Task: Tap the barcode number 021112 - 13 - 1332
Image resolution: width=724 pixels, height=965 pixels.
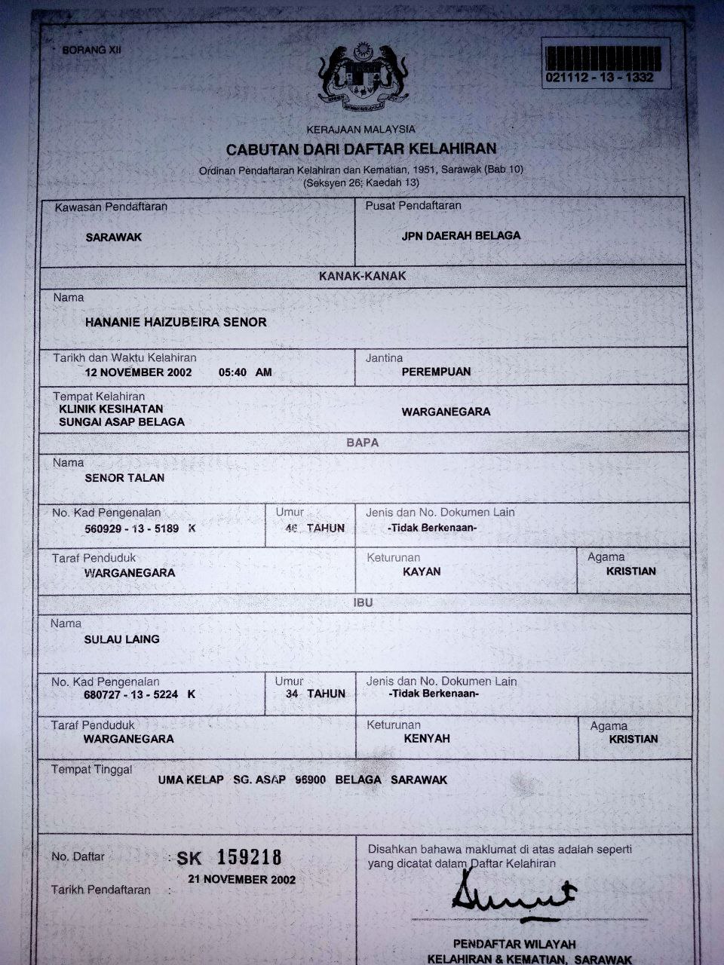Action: (x=599, y=78)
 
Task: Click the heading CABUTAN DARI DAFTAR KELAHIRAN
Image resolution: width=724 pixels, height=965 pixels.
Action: (x=361, y=149)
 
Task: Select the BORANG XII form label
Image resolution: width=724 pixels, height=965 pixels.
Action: (x=91, y=51)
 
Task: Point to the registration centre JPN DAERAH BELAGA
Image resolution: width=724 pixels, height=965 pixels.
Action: (x=461, y=235)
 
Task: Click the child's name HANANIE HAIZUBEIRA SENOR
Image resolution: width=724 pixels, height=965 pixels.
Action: (x=176, y=322)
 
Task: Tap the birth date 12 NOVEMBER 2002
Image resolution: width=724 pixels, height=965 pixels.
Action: (x=138, y=372)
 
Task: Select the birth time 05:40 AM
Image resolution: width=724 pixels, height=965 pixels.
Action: (x=244, y=372)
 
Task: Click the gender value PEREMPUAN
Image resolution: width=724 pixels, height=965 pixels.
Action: (x=436, y=372)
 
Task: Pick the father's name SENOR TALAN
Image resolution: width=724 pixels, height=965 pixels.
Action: (x=124, y=477)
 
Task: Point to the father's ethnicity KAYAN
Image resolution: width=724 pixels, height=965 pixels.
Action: (x=422, y=571)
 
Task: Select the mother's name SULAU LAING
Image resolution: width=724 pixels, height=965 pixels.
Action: (x=121, y=639)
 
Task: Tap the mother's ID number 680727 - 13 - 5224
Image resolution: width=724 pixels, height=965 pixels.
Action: (x=130, y=694)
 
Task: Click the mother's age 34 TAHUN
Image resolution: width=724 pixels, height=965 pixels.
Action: (x=315, y=694)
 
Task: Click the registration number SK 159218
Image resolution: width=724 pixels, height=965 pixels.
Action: (x=229, y=858)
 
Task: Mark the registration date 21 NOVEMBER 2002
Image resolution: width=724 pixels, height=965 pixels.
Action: (x=241, y=879)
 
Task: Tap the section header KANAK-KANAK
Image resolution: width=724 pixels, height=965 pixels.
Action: (x=362, y=276)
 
